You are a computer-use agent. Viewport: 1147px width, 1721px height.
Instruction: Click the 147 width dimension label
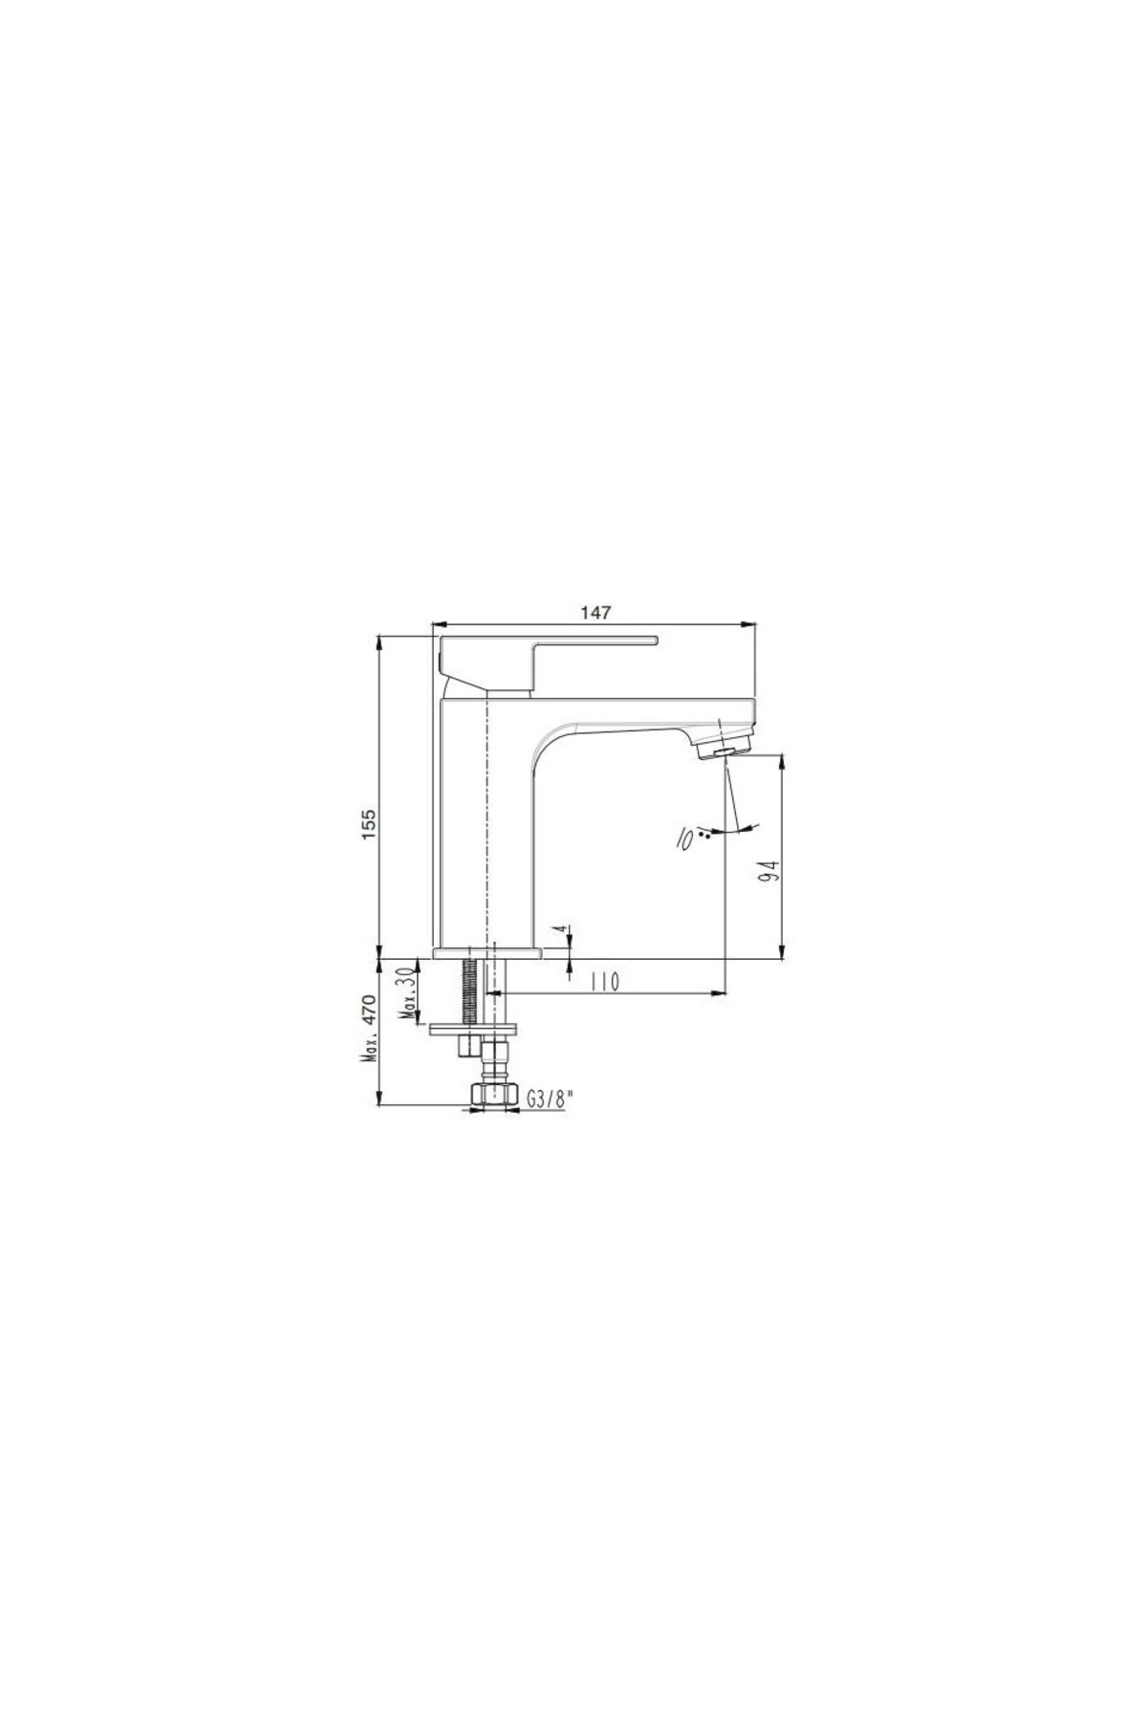pos(594,612)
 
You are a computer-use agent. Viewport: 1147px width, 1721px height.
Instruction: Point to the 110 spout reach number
pos(606,982)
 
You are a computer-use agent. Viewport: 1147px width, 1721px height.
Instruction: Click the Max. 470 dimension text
pos(371,1029)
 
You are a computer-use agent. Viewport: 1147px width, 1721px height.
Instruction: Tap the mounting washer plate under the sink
pos(474,1030)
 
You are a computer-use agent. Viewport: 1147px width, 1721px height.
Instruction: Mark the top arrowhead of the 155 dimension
pos(380,641)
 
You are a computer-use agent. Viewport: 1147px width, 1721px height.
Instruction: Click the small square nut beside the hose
pos(465,1048)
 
